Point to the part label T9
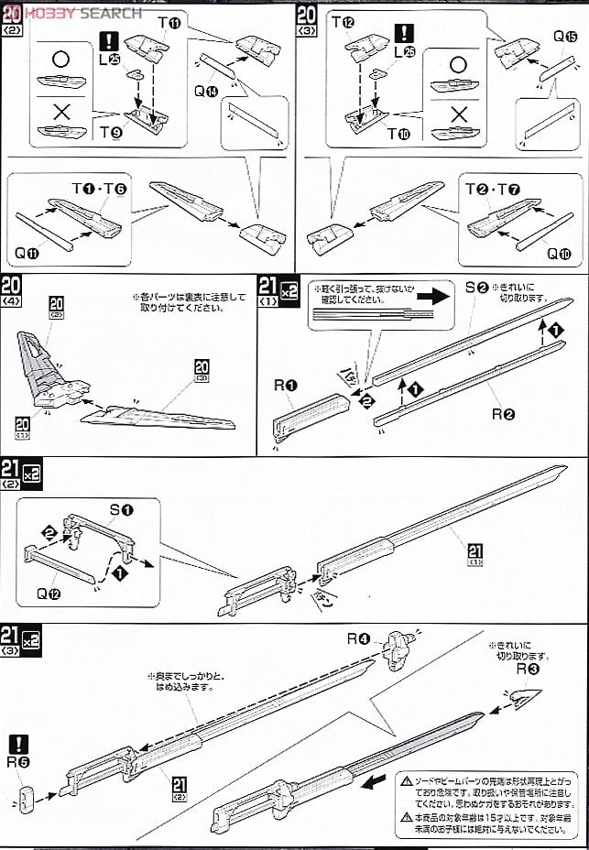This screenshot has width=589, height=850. [x=111, y=130]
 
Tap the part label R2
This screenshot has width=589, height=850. [x=503, y=414]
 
